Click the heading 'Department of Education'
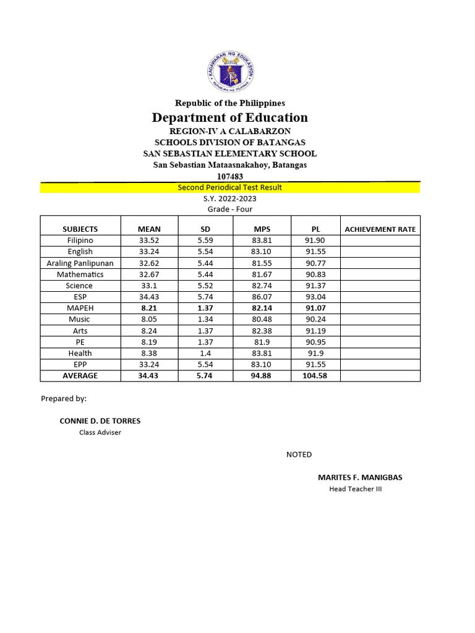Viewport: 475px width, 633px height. [229, 117]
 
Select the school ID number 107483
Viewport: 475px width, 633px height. [229, 176]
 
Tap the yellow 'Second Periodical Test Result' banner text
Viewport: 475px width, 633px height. [229, 187]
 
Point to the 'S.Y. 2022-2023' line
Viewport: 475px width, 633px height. [229, 198]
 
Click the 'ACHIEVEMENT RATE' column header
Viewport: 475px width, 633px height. [380, 229]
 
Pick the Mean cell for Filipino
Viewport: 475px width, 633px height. [149, 240]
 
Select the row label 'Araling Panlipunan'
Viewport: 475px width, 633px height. [80, 263]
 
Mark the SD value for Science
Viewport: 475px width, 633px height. [205, 286]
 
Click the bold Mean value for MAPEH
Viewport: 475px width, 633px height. [149, 308]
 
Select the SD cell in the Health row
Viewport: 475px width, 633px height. [205, 353]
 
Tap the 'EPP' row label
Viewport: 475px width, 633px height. [80, 364]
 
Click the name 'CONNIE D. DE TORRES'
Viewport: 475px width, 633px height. [100, 421]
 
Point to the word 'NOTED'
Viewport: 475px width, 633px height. [299, 454]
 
